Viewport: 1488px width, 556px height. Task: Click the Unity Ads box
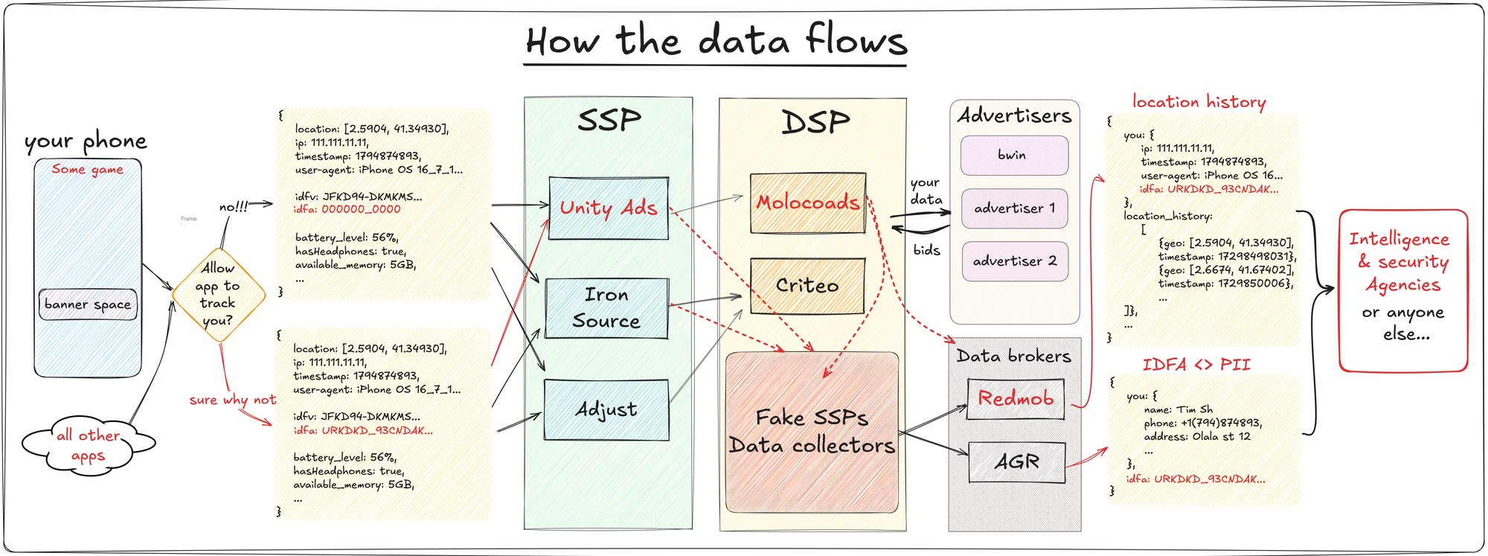click(x=609, y=208)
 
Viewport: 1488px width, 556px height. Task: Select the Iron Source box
click(x=606, y=308)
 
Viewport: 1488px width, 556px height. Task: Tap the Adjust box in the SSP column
click(x=606, y=410)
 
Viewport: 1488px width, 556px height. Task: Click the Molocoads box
click(x=808, y=202)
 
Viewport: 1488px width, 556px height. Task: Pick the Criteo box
click(x=807, y=286)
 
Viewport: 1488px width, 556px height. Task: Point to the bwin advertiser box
click(x=1014, y=156)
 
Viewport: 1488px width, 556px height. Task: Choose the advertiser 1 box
click(x=1014, y=208)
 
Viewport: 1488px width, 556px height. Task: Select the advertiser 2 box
click(x=1014, y=261)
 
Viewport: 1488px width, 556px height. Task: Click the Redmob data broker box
click(x=1016, y=399)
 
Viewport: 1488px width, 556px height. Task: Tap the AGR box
click(x=1017, y=462)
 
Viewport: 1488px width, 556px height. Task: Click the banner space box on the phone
click(x=88, y=304)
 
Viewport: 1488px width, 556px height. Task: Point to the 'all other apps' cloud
click(x=88, y=444)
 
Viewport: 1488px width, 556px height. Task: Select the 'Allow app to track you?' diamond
click(x=218, y=295)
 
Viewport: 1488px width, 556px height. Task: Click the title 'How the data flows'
click(x=716, y=41)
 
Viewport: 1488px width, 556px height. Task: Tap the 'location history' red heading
click(x=1199, y=102)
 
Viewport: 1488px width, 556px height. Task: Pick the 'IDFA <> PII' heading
click(x=1196, y=365)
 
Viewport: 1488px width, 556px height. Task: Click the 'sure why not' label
click(x=232, y=400)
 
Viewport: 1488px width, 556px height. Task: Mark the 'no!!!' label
click(x=234, y=207)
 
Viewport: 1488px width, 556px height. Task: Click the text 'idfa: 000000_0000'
click(x=347, y=210)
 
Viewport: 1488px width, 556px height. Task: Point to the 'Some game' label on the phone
click(x=88, y=170)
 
